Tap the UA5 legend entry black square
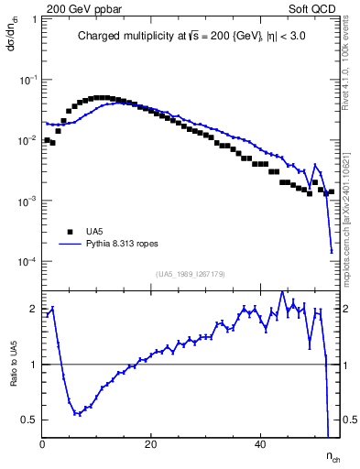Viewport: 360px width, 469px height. click(68, 232)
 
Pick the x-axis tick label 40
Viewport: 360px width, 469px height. click(259, 444)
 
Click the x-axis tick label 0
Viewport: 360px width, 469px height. click(43, 444)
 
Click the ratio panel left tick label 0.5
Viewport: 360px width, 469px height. click(30, 420)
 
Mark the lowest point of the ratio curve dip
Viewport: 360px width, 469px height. click(78, 414)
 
